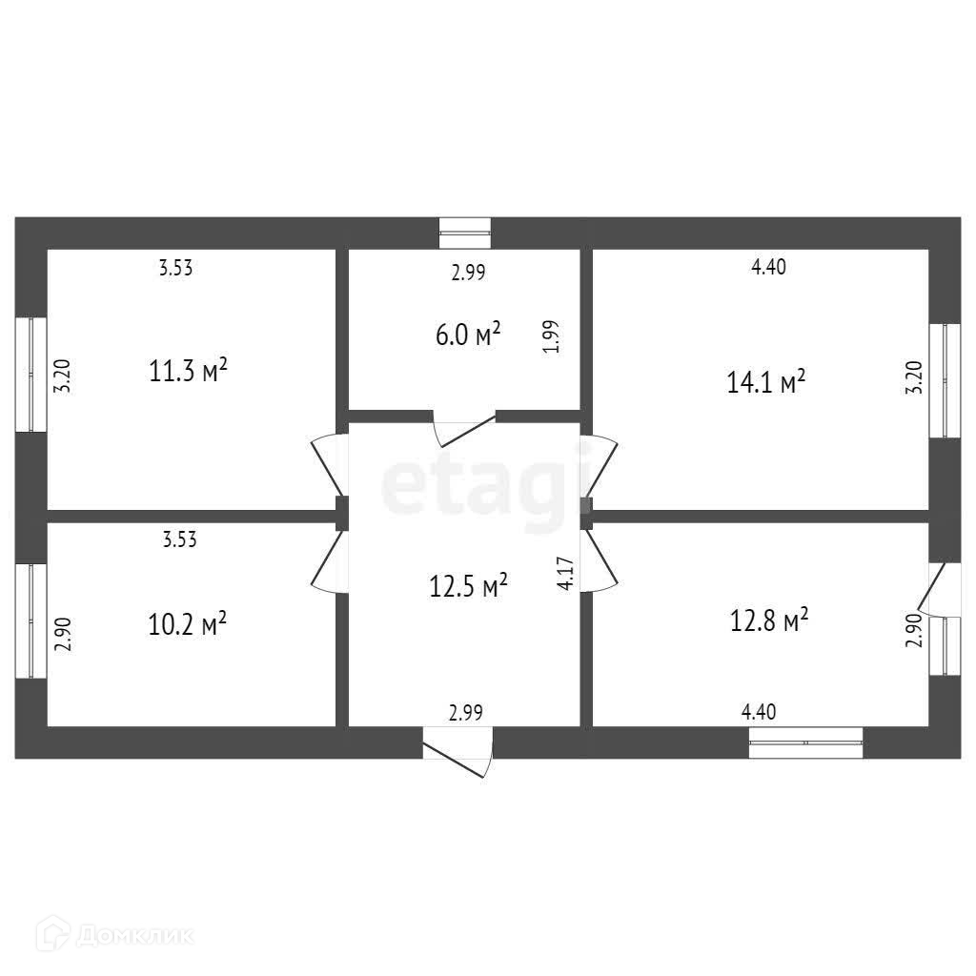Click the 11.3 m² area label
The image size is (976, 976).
coord(188,370)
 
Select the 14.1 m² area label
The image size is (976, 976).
coord(766,382)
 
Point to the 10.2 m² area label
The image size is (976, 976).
coord(187,624)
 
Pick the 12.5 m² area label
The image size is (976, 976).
coord(467,585)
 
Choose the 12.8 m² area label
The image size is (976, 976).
coord(768,621)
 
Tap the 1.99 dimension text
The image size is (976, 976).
coord(552,336)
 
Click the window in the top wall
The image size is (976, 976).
coord(465,233)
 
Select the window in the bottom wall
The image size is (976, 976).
coord(805,742)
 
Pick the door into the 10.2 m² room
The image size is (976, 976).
coord(329,562)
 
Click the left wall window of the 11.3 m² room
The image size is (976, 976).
coord(30,375)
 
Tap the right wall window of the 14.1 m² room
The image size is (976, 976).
coord(945,380)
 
